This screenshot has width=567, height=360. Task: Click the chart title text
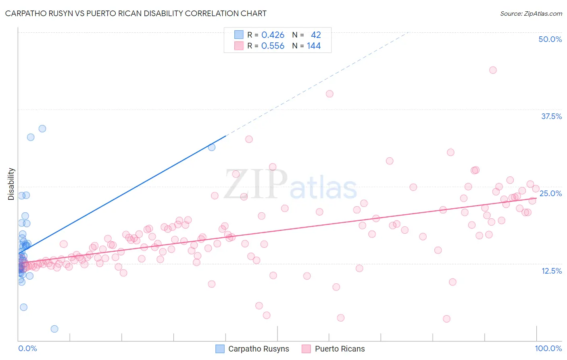click(x=135, y=13)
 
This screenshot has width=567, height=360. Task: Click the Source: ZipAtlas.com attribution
click(x=531, y=13)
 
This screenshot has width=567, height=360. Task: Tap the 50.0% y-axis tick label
click(x=550, y=39)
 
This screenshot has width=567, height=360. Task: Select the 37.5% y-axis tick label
click(x=551, y=116)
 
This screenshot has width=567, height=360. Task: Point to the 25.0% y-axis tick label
click(x=550, y=193)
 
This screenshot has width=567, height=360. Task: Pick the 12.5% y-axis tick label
click(x=551, y=271)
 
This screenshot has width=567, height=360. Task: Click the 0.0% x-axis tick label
click(x=27, y=348)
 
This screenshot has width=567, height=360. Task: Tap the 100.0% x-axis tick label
click(x=548, y=348)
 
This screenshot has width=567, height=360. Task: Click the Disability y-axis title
click(x=11, y=184)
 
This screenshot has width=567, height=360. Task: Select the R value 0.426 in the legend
click(x=273, y=35)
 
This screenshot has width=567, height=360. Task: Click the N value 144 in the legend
click(x=314, y=46)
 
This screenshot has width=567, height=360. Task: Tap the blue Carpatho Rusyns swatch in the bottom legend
click(x=220, y=349)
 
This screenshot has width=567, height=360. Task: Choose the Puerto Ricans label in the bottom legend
click(x=340, y=349)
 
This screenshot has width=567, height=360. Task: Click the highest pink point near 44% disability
click(x=493, y=70)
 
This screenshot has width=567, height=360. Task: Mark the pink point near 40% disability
click(x=329, y=94)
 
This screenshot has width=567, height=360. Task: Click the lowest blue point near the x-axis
click(x=54, y=329)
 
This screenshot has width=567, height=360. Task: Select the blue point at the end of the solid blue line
click(x=212, y=147)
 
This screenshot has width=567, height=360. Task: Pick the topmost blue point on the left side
click(x=42, y=129)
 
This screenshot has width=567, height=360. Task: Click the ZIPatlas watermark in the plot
click(x=290, y=185)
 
